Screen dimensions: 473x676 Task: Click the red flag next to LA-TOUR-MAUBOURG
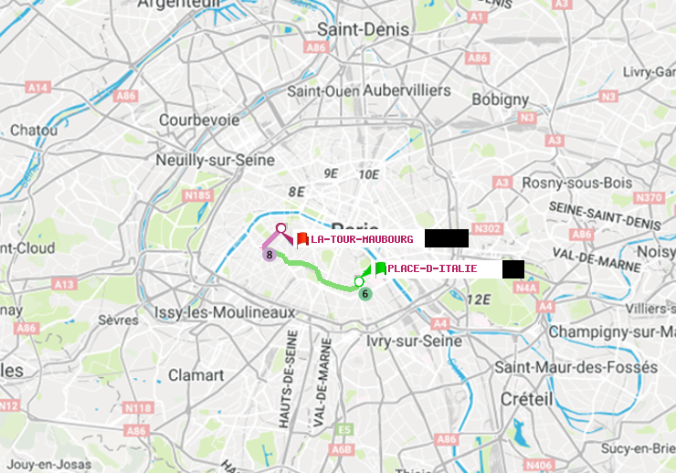coord(302,238)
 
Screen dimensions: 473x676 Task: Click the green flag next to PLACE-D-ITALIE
coord(379,268)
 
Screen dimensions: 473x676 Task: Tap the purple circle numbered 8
coord(269,255)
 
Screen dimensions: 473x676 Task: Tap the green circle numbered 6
coord(364,294)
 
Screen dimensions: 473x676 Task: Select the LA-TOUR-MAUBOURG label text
coord(362,239)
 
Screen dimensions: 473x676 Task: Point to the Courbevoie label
coord(199,120)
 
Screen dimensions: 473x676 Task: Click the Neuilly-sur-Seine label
coord(216,160)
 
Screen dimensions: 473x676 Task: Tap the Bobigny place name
coord(500,99)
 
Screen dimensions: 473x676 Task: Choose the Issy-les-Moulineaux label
coord(225,312)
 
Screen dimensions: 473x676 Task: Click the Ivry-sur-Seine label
coord(414,340)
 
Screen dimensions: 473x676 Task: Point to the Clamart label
coord(196,374)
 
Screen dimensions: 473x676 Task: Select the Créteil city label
coord(527,399)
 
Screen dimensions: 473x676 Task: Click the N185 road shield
coord(197,194)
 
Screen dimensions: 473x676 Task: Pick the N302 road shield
coord(489,228)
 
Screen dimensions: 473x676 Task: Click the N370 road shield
coord(649,197)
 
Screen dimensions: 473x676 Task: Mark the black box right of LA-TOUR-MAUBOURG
coord(447,238)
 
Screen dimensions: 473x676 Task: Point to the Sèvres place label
coord(119,320)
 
